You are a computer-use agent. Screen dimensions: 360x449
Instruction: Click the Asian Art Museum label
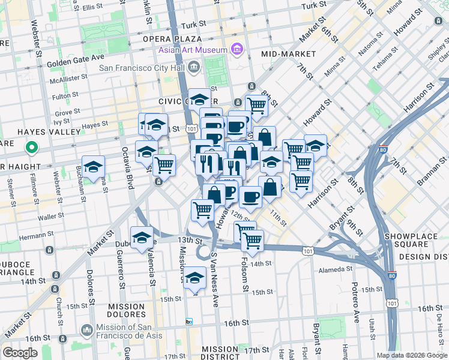[192, 49]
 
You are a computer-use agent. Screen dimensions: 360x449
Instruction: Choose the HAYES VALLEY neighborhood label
[41, 131]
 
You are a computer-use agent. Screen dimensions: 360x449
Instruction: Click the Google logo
[20, 352]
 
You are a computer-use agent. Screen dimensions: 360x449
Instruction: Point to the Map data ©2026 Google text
[411, 355]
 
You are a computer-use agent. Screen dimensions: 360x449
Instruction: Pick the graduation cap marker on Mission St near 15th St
[194, 278]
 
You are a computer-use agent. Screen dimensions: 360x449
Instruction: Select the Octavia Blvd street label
[127, 167]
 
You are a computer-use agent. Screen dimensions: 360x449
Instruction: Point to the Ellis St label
[92, 7]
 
